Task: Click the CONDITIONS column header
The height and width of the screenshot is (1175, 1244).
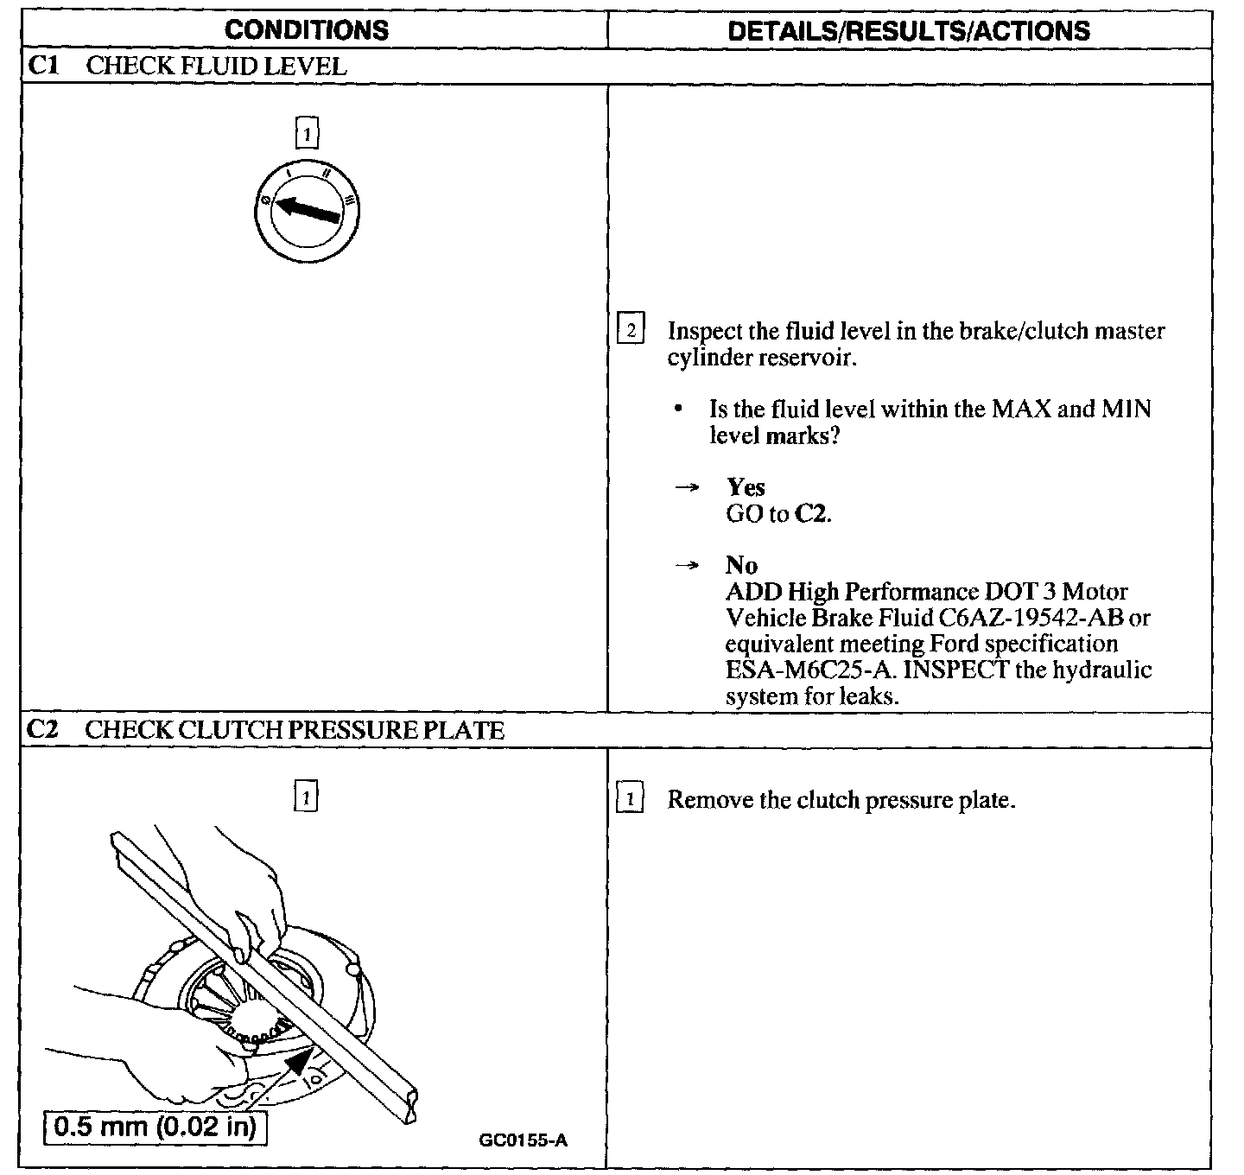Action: tap(307, 30)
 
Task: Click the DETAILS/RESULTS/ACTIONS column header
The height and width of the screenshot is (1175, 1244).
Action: tap(909, 31)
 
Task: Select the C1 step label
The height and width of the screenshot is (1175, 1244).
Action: tap(42, 67)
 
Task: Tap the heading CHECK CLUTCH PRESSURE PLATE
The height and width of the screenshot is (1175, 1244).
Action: tap(294, 730)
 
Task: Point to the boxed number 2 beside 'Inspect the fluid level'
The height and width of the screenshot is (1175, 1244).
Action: tap(631, 331)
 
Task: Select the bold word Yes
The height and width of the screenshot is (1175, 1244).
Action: tap(746, 487)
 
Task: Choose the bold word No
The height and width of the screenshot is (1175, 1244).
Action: tap(741, 566)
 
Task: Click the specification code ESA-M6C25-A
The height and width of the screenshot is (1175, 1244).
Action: tap(803, 670)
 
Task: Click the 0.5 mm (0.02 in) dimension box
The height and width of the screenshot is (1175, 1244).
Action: tap(155, 1128)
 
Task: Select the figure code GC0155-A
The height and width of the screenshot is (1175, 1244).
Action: tap(523, 1140)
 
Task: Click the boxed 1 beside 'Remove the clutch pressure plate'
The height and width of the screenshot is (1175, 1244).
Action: tap(631, 800)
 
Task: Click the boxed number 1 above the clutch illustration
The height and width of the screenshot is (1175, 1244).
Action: tap(307, 796)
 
